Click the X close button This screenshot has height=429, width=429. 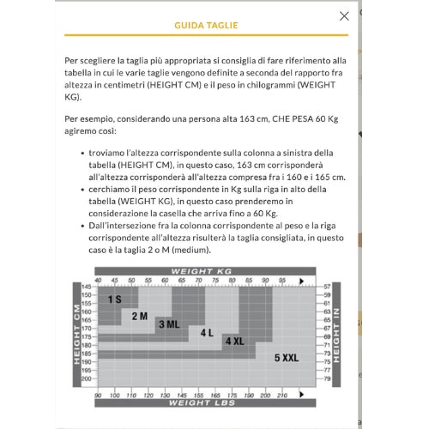(344, 16)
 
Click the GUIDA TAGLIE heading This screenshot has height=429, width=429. (206, 26)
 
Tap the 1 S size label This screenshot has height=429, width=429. (115, 299)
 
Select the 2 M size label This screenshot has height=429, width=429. (140, 317)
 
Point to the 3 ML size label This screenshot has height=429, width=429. (169, 324)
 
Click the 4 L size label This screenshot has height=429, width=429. (207, 333)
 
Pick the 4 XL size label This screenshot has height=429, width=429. (235, 341)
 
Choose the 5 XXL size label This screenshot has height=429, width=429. (287, 358)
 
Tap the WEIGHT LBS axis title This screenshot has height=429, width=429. (202, 403)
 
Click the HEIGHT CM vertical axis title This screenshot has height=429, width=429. (76, 335)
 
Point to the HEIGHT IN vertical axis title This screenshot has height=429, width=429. (336, 335)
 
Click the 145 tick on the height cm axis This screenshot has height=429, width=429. (87, 287)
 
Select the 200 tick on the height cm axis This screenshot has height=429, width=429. (87, 378)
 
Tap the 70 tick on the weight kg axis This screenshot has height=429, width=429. (198, 281)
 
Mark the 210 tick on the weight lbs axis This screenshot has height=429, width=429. (282, 396)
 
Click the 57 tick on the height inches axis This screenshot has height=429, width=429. (327, 287)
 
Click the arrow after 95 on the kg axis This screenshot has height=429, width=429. (301, 281)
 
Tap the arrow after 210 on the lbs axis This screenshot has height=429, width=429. (301, 395)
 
